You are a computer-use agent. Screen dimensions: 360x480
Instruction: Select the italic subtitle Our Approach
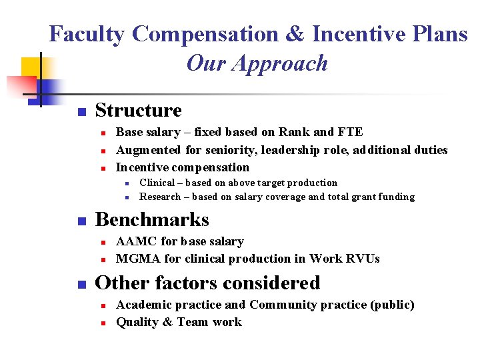[x=257, y=63]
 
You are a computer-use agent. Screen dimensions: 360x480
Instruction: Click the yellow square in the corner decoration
[x=32, y=68]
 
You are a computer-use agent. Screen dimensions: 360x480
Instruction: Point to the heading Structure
[x=138, y=111]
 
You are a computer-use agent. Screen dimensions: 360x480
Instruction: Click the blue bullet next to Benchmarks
[x=81, y=221]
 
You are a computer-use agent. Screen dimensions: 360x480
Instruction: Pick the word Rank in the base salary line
[x=297, y=133]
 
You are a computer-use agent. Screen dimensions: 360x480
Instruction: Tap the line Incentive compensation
[x=182, y=167]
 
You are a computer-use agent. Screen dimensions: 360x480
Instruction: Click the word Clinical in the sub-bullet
[x=157, y=183]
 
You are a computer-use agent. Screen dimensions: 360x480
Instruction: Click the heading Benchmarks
[x=152, y=220]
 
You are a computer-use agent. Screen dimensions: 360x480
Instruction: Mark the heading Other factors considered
[x=207, y=283]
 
